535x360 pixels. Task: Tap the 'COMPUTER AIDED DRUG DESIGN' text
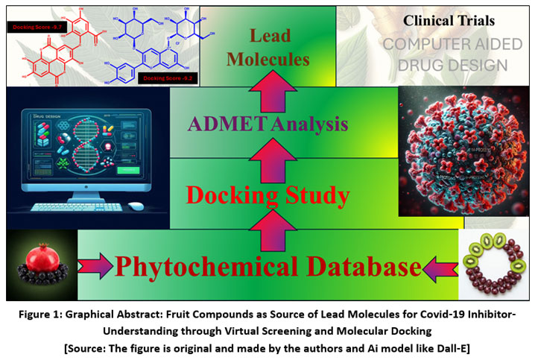pos(445,54)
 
